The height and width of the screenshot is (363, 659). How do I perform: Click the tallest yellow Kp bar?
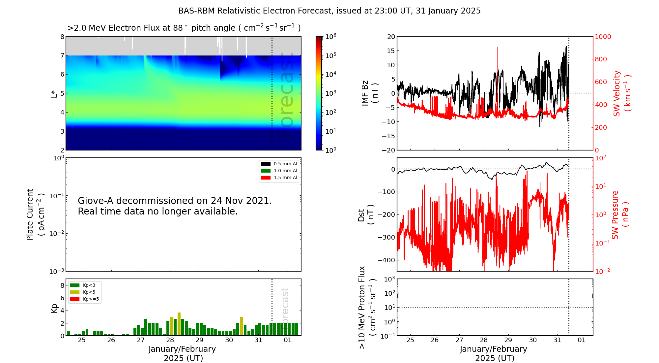[x=179, y=324]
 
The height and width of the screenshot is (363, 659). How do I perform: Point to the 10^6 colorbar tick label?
[x=330, y=36]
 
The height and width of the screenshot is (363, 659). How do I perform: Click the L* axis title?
[x=54, y=93]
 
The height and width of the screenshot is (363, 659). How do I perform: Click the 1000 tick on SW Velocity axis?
[x=603, y=37]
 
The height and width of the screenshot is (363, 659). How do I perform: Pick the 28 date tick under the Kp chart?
[x=170, y=340]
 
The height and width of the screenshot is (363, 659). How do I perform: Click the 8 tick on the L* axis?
[x=62, y=37]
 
